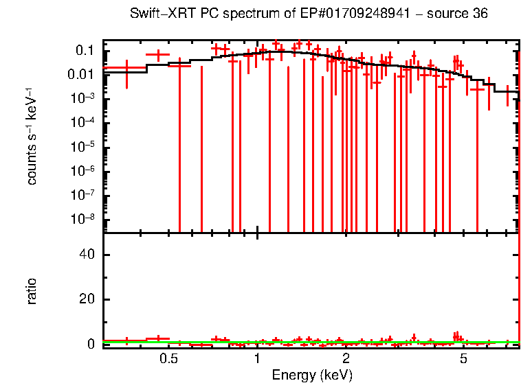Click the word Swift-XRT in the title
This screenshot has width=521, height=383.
pyautogui.click(x=157, y=14)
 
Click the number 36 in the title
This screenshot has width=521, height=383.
pyautogui.click(x=479, y=14)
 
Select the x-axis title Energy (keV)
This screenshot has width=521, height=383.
pyautogui.click(x=311, y=375)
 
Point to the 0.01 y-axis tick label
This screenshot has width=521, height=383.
pyautogui.click(x=80, y=74)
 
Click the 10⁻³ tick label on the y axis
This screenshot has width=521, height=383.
pyautogui.click(x=82, y=98)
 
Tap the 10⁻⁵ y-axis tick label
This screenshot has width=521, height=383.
pyautogui.click(x=82, y=146)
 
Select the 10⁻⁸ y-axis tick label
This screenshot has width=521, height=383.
pyautogui.click(x=82, y=219)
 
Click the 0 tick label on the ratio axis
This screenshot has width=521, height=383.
pyautogui.click(x=89, y=344)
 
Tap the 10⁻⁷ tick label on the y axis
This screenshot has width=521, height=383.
pyautogui.click(x=82, y=195)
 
